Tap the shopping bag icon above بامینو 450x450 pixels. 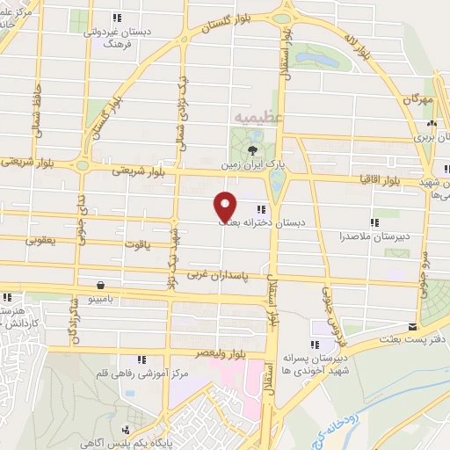click(x=103, y=285)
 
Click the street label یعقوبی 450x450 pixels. click(x=42, y=238)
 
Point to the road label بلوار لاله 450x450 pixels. click(x=355, y=46)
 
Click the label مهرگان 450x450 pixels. click(x=420, y=100)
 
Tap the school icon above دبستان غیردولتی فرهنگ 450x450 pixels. click(x=117, y=18)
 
